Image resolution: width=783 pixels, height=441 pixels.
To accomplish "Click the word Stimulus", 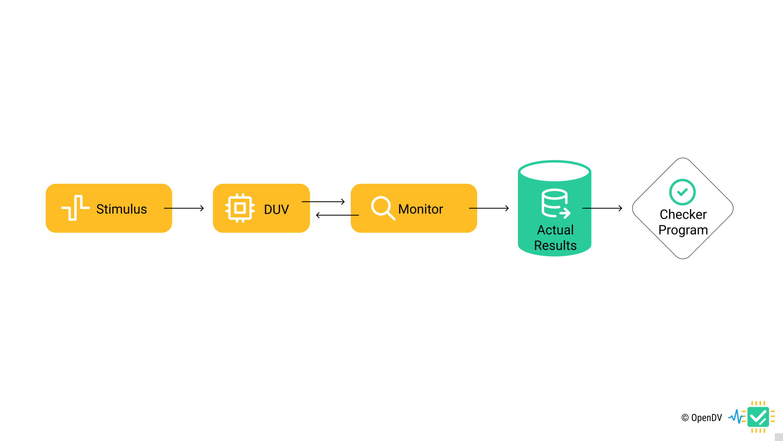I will [121, 209].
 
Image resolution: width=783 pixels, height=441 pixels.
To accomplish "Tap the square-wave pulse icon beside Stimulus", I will [75, 208].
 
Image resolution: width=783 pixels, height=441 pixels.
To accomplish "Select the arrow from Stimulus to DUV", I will [184, 208].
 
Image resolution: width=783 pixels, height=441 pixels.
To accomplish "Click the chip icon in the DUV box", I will [240, 208].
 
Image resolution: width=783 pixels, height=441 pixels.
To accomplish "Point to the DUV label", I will [276, 209].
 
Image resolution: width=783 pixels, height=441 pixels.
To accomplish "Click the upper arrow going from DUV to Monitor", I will [323, 202].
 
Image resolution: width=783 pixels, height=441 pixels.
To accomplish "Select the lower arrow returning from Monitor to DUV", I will [337, 215].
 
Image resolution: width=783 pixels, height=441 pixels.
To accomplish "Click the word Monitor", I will [421, 209].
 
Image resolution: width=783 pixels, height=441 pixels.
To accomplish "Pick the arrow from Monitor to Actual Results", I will [489, 208].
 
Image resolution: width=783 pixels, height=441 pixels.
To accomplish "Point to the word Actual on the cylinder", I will [555, 230].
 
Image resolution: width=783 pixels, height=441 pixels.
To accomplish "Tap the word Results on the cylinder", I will [555, 246].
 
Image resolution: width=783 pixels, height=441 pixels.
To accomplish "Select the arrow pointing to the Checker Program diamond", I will [602, 208].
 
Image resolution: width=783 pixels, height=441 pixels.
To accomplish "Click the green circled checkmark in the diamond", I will [682, 192].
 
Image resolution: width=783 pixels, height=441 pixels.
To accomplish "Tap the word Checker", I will [683, 214].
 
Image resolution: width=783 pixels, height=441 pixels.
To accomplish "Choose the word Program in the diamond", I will [683, 230].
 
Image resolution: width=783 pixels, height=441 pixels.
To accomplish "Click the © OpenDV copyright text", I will [702, 418].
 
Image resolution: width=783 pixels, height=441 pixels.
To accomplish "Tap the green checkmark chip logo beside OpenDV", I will [758, 417].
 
